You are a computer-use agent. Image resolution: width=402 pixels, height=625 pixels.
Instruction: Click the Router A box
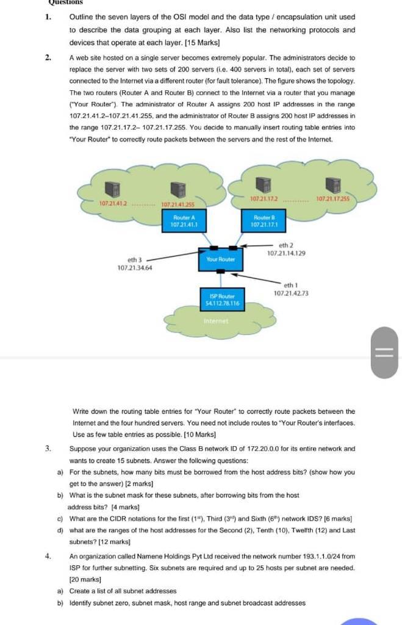click(x=184, y=221)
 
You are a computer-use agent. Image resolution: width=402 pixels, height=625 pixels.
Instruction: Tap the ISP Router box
click(x=224, y=298)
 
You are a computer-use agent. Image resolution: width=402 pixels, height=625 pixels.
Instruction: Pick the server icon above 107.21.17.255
click(x=332, y=185)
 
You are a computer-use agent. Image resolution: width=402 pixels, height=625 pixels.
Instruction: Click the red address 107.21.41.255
click(x=178, y=204)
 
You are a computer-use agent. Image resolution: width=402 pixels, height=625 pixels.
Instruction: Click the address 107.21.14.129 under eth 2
click(x=286, y=253)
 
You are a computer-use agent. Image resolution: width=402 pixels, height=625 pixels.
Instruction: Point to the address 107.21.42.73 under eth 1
click(x=291, y=294)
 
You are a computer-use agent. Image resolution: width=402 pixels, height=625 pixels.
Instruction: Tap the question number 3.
click(x=48, y=449)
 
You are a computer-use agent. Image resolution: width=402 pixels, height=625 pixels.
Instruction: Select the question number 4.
click(x=48, y=556)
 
